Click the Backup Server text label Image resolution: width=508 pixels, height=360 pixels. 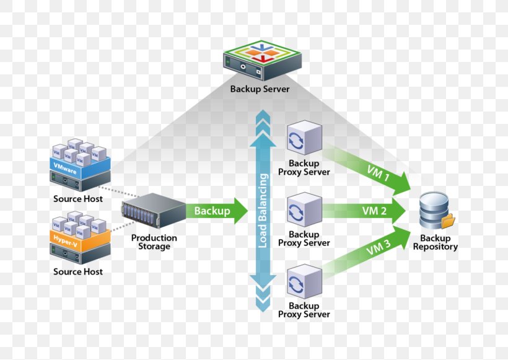[x=260, y=89]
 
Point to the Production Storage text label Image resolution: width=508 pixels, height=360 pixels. [x=154, y=242]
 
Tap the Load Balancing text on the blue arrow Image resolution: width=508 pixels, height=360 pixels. [x=263, y=211]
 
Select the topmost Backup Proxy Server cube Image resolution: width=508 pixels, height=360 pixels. [x=304, y=138]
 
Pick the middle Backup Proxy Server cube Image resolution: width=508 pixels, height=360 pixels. [x=304, y=209]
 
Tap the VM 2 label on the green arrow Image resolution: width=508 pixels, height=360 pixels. [x=374, y=211]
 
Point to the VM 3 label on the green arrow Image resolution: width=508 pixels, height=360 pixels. [x=377, y=250]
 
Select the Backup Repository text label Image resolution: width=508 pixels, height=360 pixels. [x=435, y=243]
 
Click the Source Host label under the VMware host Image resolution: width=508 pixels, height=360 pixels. [x=78, y=199]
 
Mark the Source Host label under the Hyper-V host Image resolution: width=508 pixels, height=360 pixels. [x=78, y=272]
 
